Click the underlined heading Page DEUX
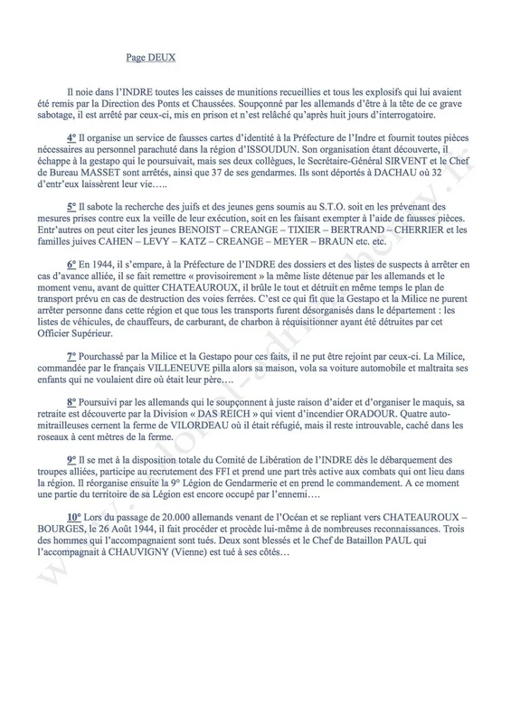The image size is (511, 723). tap(151, 61)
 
